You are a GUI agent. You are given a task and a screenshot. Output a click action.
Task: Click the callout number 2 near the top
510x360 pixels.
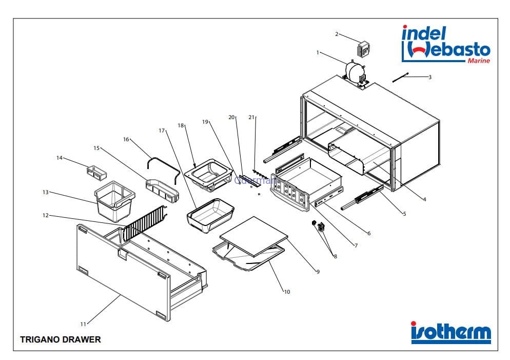[x=337, y=34]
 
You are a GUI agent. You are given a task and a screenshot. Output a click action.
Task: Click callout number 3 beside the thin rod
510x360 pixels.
[x=430, y=78]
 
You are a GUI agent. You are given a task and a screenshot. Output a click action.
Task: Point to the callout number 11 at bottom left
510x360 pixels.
[x=83, y=324]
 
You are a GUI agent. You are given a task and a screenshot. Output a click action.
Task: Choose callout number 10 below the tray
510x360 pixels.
[x=287, y=292]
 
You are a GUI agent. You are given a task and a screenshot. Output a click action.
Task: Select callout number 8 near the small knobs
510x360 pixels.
[x=335, y=257]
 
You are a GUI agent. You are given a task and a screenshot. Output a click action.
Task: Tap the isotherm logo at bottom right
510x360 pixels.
[x=450, y=333]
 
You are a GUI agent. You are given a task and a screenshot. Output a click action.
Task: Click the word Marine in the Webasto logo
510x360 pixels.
[x=478, y=61]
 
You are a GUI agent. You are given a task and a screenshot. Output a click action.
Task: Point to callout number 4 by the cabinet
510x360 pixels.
[x=424, y=200]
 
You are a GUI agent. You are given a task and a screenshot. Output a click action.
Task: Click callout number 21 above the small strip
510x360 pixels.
[x=251, y=118]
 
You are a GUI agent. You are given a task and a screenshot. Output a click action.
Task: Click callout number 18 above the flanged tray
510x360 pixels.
[x=180, y=125]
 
